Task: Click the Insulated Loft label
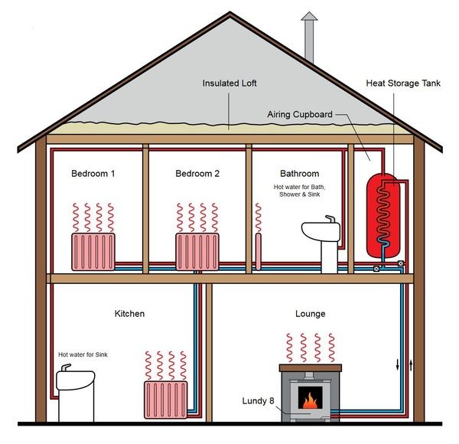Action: click(x=229, y=82)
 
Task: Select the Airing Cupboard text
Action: click(x=299, y=115)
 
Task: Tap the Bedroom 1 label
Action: click(x=93, y=174)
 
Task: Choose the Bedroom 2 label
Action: click(x=197, y=174)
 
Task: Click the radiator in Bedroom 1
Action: click(x=93, y=251)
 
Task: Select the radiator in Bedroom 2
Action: click(x=197, y=251)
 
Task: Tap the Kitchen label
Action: click(x=129, y=314)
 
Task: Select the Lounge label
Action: click(x=310, y=314)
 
